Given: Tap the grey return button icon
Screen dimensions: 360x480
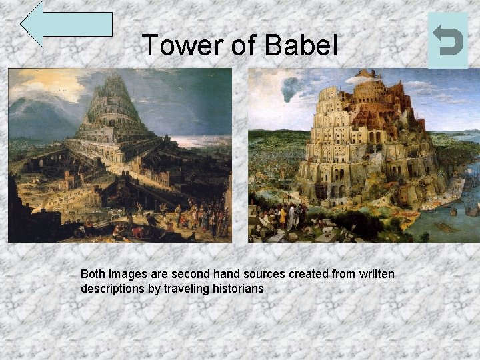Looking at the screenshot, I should [447, 40].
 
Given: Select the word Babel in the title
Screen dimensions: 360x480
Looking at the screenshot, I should [301, 45].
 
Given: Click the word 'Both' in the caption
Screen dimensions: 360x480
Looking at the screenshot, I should [93, 274].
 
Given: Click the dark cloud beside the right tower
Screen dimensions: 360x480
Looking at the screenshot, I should [291, 89].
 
